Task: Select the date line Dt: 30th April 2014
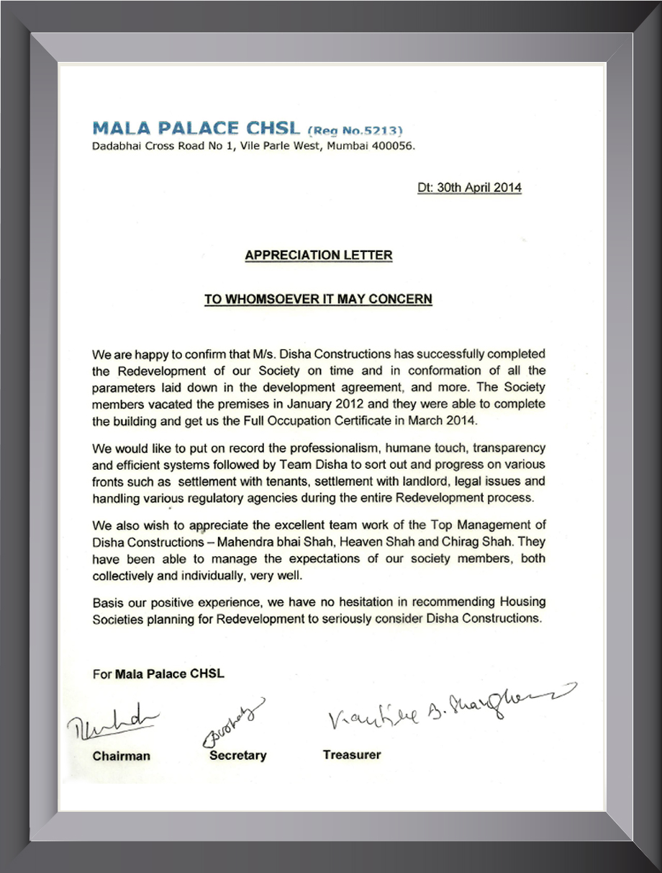click(x=469, y=188)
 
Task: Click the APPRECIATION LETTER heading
click(x=319, y=255)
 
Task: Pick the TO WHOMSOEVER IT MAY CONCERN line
click(x=318, y=299)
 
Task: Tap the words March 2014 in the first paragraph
click(x=437, y=420)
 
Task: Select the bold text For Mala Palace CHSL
click(x=159, y=674)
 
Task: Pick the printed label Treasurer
click(x=352, y=755)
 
